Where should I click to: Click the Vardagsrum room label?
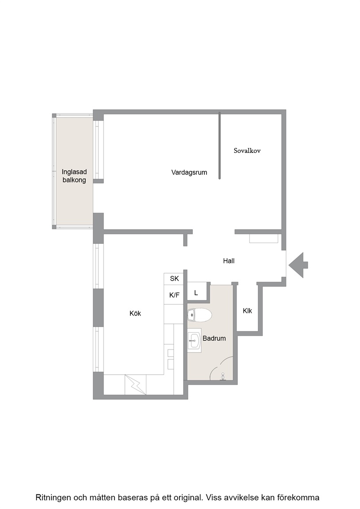(x=189, y=172)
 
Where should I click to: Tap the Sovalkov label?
(x=247, y=151)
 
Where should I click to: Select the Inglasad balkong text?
(x=74, y=176)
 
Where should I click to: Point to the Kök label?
(x=135, y=313)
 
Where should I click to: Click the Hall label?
(x=229, y=261)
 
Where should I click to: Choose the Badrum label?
(x=214, y=338)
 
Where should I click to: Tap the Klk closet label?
(x=247, y=311)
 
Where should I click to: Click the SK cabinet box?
(x=174, y=278)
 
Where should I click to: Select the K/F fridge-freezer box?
(x=174, y=295)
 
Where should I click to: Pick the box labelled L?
(x=197, y=292)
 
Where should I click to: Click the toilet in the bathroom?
(x=199, y=315)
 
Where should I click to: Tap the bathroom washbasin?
(x=194, y=341)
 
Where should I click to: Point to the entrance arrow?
(x=298, y=265)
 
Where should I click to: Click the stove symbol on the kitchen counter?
(x=135, y=385)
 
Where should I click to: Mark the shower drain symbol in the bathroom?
(x=223, y=376)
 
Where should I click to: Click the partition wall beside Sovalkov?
(x=220, y=145)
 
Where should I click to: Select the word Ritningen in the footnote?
(x=53, y=498)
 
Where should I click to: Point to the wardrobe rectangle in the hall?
(x=264, y=238)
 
